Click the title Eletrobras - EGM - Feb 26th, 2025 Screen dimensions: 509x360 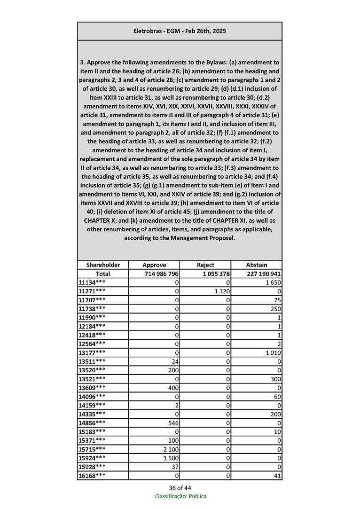pos(180,31)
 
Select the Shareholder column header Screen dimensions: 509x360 pos(103,265)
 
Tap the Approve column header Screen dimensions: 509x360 pos(154,265)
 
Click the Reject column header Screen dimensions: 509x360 pos(205,265)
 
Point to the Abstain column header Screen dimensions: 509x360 pos(257,265)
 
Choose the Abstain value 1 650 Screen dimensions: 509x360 pos(273,282)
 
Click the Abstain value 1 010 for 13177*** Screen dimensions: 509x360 pos(273,352)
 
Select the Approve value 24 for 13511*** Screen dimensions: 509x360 pos(176,361)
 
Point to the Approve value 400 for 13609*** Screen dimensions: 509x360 pos(174,388)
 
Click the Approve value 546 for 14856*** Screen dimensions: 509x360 pos(174,423)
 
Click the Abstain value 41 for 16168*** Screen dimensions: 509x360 pos(277,476)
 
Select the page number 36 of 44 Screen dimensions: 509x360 pos(180,487)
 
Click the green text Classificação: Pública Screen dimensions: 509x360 pos(180,496)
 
